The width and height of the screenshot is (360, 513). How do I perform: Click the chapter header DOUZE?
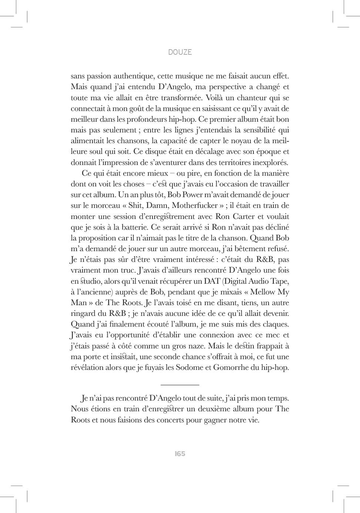tap(180, 52)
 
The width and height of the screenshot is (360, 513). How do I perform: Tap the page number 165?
tap(180, 454)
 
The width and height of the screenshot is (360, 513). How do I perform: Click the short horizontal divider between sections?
tap(180, 385)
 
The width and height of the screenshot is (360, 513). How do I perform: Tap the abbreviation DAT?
tap(212, 281)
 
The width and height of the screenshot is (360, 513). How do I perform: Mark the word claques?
tap(275, 324)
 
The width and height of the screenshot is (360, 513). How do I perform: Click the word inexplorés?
tap(270, 162)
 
